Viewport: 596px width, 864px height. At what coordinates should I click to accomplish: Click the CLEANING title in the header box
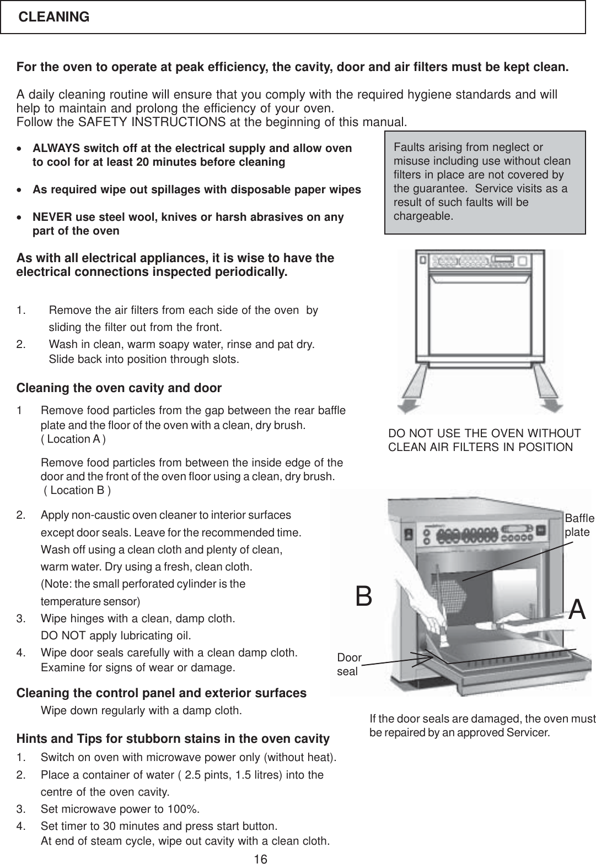[53, 17]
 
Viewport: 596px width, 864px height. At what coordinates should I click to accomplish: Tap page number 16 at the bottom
[260, 857]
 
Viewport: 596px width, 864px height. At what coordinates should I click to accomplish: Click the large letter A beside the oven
[577, 610]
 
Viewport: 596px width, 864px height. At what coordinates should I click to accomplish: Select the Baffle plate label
[579, 525]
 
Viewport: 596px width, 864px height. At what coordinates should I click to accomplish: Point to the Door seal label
[349, 664]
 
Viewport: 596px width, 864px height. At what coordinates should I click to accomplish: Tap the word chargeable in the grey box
[423, 215]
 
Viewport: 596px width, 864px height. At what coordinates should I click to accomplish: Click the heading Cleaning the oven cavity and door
[120, 388]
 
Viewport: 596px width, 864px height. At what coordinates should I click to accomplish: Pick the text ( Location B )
[77, 490]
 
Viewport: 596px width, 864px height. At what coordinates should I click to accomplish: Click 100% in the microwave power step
[185, 809]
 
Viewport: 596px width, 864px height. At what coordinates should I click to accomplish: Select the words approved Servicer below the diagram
[508, 733]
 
